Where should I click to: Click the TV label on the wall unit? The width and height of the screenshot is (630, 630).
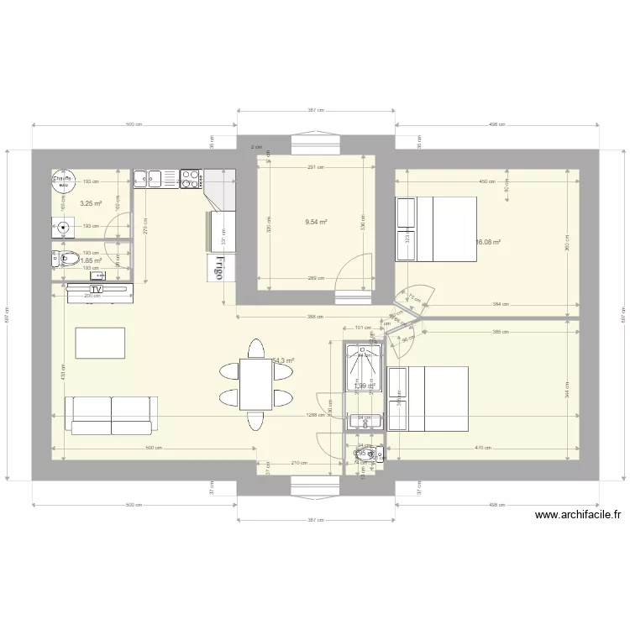(97, 290)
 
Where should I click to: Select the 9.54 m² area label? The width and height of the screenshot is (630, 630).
(316, 223)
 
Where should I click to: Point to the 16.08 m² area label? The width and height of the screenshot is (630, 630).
(488, 243)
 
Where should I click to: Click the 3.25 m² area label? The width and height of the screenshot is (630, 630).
(91, 203)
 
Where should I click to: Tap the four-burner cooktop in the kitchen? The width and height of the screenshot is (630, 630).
(190, 178)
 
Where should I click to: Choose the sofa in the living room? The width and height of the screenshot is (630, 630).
(111, 414)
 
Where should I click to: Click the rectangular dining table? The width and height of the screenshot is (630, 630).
(255, 384)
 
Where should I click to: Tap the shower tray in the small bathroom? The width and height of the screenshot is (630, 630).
(364, 370)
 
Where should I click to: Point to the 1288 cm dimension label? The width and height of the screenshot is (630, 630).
(316, 415)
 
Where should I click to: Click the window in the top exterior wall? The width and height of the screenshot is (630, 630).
(316, 143)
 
